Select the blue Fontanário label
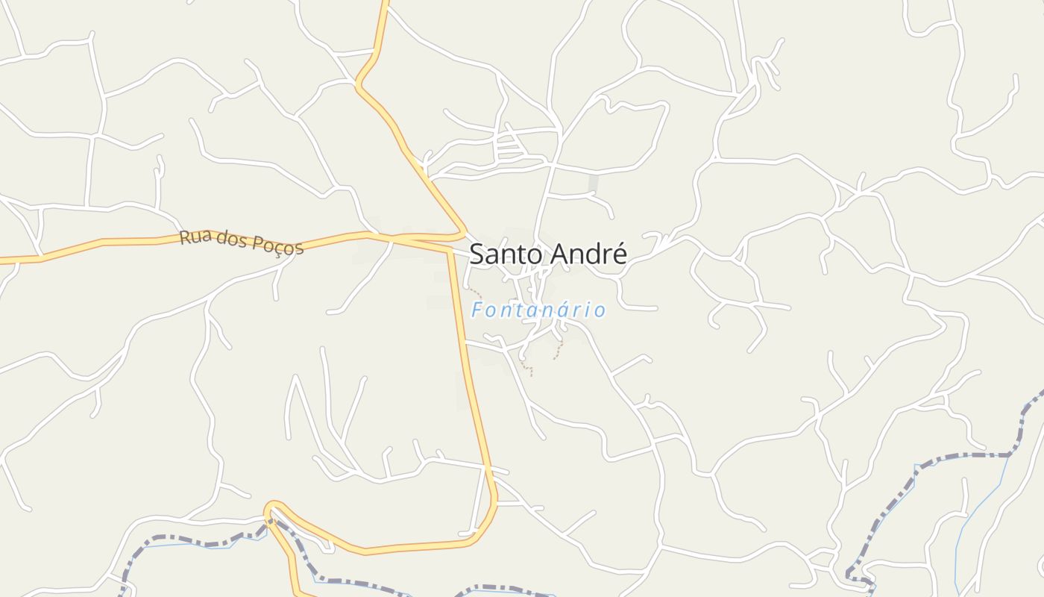[x=538, y=310]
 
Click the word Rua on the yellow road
[x=192, y=237]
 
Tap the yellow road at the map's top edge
[x=386, y=4]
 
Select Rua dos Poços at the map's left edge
[x=4, y=260]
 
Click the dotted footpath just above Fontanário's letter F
[x=475, y=293]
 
